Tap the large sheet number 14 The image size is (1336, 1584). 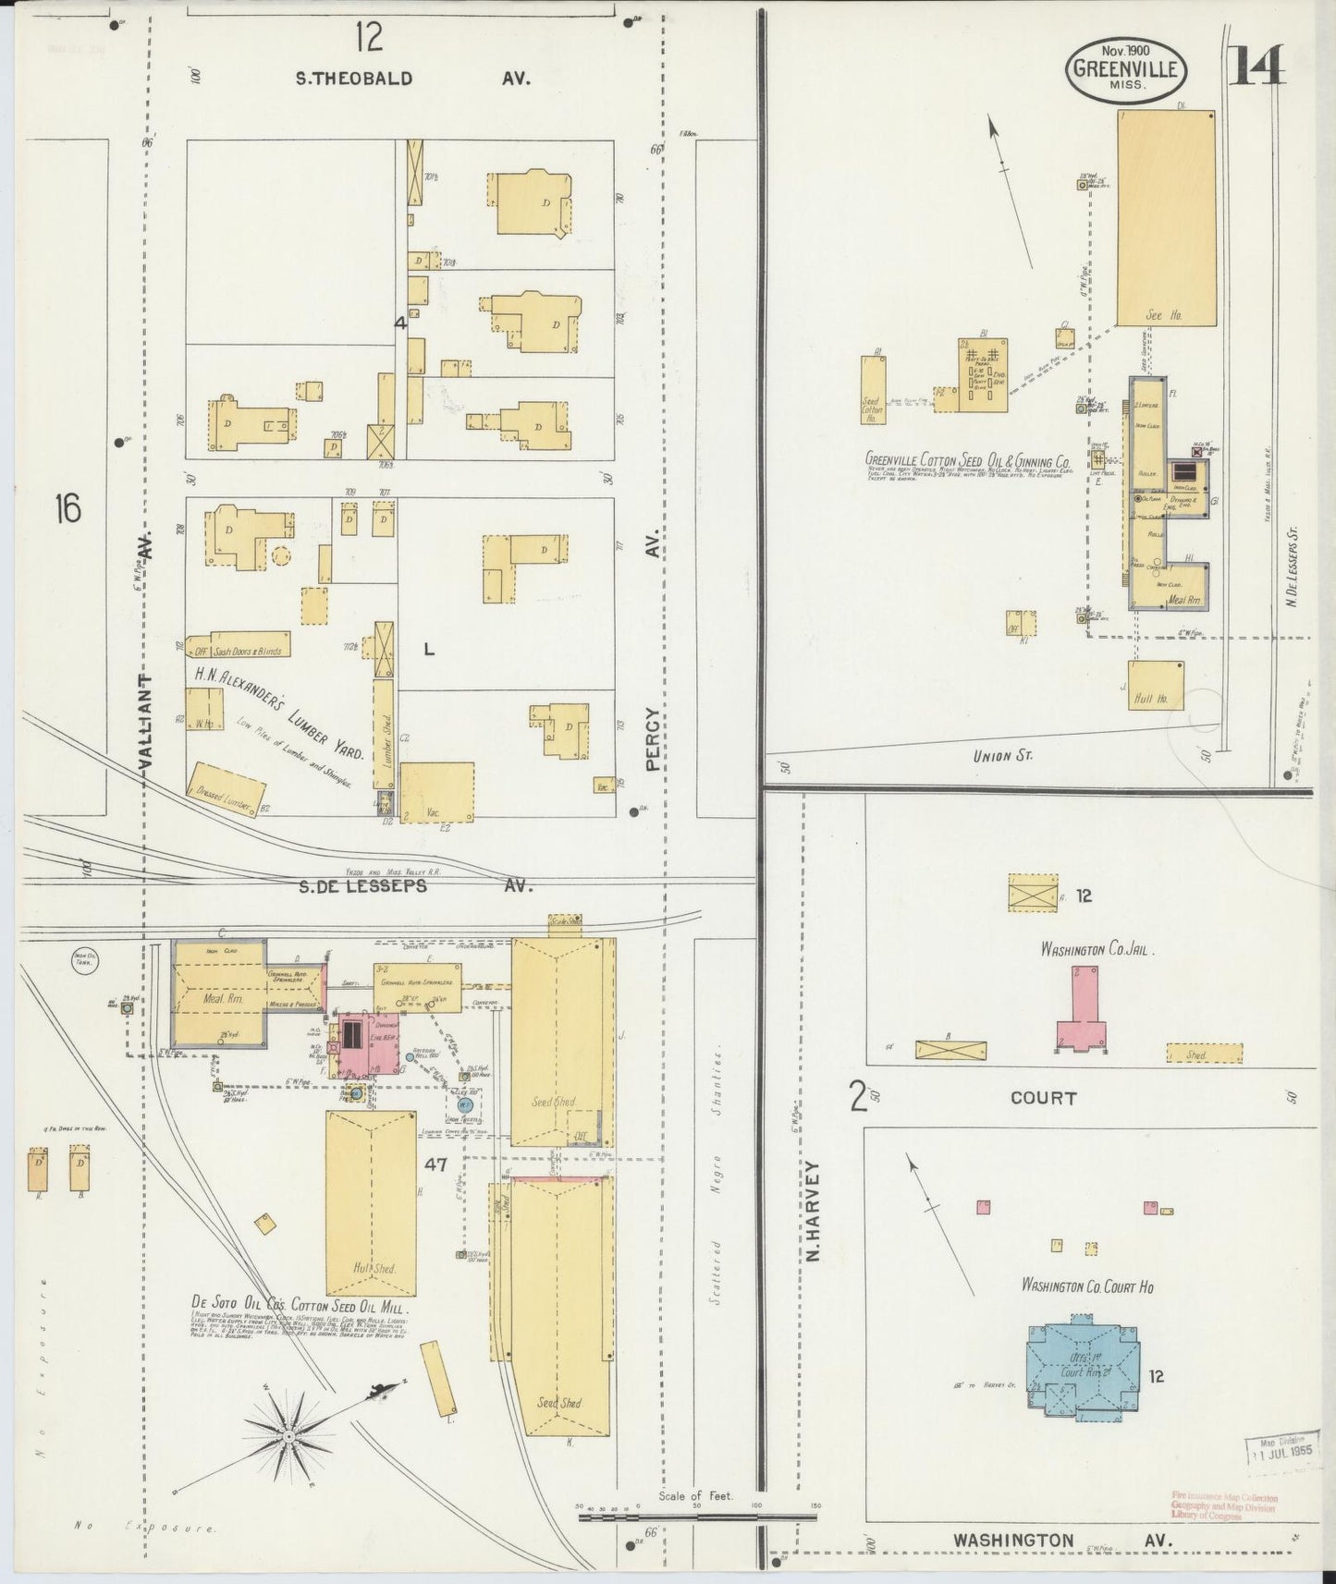pyautogui.click(x=1256, y=64)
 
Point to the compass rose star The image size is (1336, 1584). pyautogui.click(x=289, y=1436)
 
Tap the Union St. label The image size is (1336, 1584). pyautogui.click(x=1002, y=755)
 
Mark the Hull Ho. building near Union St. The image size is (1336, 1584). pyautogui.click(x=1156, y=686)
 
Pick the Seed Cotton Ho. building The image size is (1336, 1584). pyautogui.click(x=873, y=390)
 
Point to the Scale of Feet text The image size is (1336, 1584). pyautogui.click(x=695, y=1495)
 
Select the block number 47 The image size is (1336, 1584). pyautogui.click(x=435, y=1165)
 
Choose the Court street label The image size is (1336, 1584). pyautogui.click(x=1043, y=1098)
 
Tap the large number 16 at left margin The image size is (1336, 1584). pyautogui.click(x=67, y=507)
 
